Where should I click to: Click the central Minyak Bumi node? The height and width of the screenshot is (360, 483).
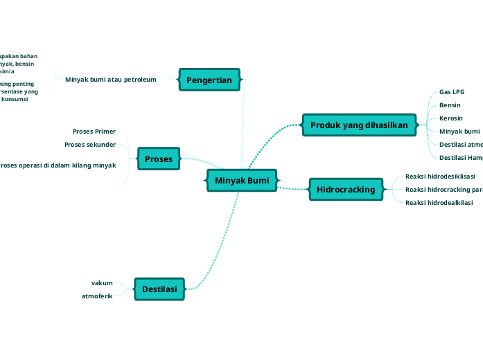coord(242,180)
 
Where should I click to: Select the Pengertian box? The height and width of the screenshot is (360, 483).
coord(209,80)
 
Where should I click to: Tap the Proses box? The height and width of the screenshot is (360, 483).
coord(159,159)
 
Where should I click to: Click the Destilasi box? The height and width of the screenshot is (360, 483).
coord(159,289)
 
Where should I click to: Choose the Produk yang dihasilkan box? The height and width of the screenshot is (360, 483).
coord(360,125)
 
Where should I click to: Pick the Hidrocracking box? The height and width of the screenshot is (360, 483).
coord(346,190)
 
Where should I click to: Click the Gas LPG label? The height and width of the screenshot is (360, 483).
coord(452,92)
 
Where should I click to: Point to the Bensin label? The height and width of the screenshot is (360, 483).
coord(450,105)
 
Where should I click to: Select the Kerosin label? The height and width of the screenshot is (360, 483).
coord(450,118)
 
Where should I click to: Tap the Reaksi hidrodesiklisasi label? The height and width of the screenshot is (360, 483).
coord(440,177)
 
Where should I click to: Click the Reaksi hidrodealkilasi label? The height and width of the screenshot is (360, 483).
coord(439,203)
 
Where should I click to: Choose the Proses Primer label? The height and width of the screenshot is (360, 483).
coord(94,131)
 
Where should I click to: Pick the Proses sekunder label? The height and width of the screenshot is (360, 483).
coord(90,145)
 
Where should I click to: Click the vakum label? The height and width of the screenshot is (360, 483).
coord(102,282)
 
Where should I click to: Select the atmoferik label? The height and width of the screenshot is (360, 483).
coord(97,296)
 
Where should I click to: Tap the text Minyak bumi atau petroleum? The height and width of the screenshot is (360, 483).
coord(111,80)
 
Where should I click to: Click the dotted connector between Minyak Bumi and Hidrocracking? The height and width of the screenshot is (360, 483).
coord(293,188)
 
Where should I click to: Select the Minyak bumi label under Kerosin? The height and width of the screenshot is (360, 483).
coord(459,132)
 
